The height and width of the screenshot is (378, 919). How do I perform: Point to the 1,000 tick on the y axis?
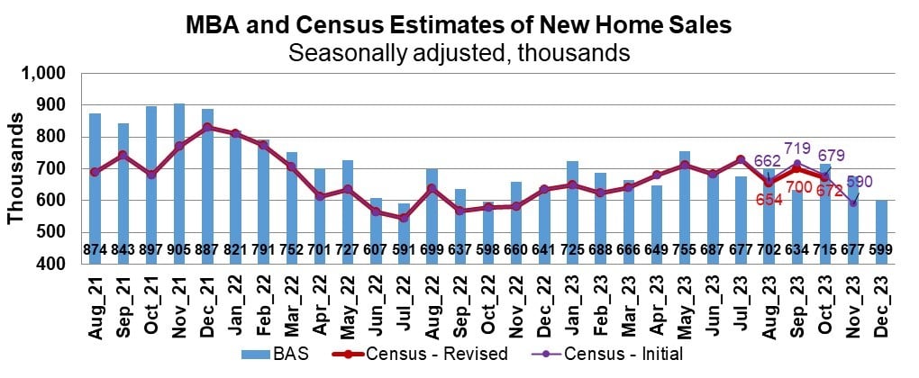click(x=50, y=74)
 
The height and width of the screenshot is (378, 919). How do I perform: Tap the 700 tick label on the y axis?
click(x=55, y=169)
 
